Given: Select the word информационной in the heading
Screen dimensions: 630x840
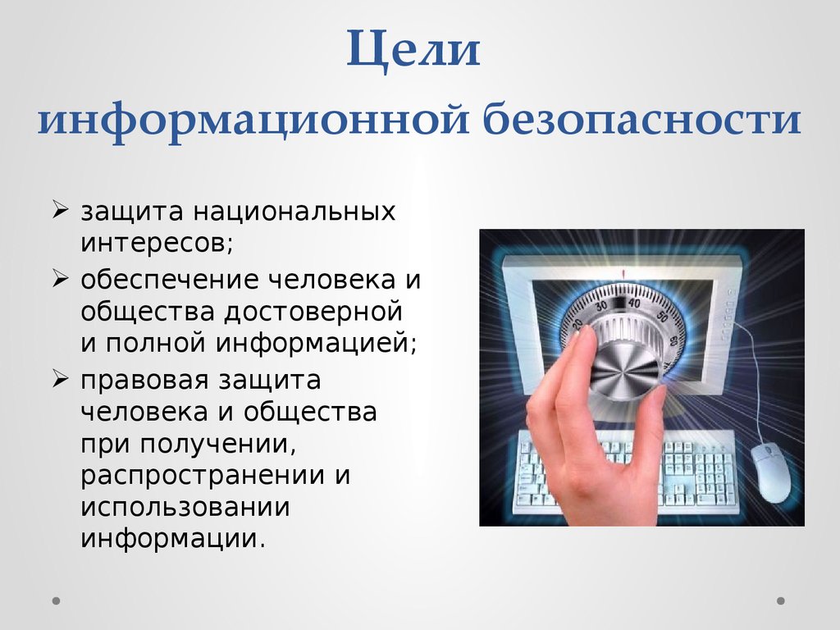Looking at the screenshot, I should (253, 120).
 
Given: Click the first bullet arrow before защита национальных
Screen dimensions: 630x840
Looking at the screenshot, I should (62, 212).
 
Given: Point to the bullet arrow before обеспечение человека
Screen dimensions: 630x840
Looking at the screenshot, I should (62, 280).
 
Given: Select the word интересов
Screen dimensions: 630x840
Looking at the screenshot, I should (153, 244).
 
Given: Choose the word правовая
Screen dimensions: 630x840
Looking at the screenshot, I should (144, 381).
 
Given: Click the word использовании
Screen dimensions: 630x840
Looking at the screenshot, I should (185, 507).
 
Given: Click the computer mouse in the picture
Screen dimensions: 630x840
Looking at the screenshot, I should (770, 470).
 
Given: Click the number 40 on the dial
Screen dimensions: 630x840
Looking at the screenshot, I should (632, 302).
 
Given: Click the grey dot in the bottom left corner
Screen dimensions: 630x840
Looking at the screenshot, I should (57, 600).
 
